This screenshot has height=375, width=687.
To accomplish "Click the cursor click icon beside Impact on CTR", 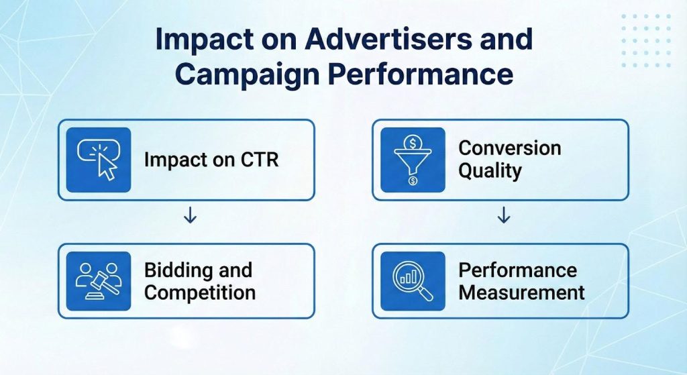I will point(99,160).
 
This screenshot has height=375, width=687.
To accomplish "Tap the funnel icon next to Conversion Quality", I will point(413,160).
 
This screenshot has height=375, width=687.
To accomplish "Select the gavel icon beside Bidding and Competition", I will point(99,281).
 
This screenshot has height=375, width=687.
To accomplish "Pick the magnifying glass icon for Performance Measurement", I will point(413,281).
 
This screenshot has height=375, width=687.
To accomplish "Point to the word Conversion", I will point(509,148).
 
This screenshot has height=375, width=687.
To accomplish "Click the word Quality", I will point(490,171).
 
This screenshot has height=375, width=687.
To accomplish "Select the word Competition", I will point(200,293).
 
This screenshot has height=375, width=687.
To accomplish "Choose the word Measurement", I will point(521,293).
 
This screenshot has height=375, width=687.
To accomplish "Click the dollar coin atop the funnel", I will point(413,142).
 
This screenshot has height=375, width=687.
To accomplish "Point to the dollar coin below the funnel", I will point(413,181).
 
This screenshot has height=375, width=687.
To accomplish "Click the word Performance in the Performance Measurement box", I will point(517,270).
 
